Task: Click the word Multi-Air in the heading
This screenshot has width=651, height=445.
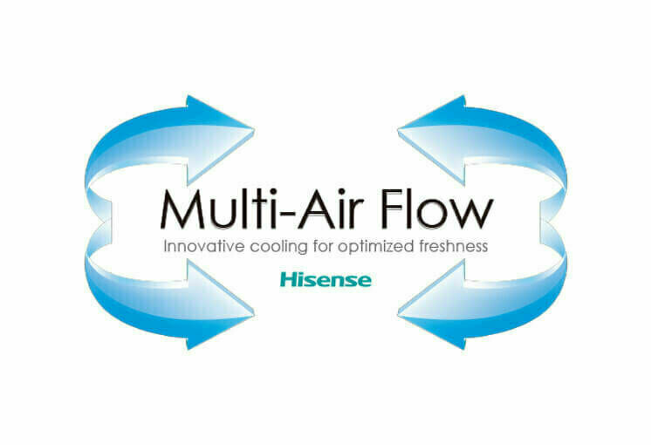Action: (262, 209)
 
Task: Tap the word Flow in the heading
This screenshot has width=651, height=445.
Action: (437, 209)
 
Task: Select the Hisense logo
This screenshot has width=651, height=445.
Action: (325, 279)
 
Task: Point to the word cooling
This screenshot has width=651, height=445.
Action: (278, 247)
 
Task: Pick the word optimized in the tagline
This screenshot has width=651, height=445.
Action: (376, 247)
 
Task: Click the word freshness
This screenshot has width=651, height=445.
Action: (454, 246)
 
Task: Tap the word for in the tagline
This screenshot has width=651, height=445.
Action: (323, 246)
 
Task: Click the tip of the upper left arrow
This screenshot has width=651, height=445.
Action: (254, 129)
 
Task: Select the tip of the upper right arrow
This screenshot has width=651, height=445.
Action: (398, 129)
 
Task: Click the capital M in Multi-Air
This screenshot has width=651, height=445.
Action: (182, 209)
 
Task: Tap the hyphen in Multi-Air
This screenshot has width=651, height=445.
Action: (286, 215)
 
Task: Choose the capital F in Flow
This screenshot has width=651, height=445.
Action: (393, 209)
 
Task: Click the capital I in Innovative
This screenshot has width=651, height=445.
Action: (165, 246)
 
